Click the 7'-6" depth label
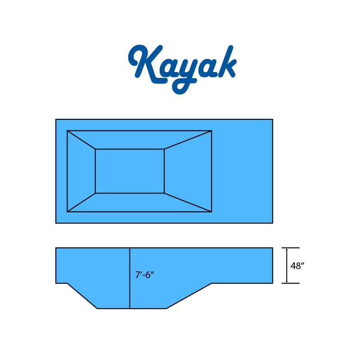pyautogui.click(x=144, y=275)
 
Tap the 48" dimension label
pyautogui.click(x=297, y=266)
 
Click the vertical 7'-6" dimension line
pyautogui.click(x=130, y=278)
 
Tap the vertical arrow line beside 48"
pyautogui.click(x=287, y=265)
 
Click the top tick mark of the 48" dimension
pyautogui.click(x=290, y=248)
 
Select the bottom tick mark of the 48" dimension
pyautogui.click(x=290, y=283)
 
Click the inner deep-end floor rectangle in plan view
pyautogui.click(x=130, y=171)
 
